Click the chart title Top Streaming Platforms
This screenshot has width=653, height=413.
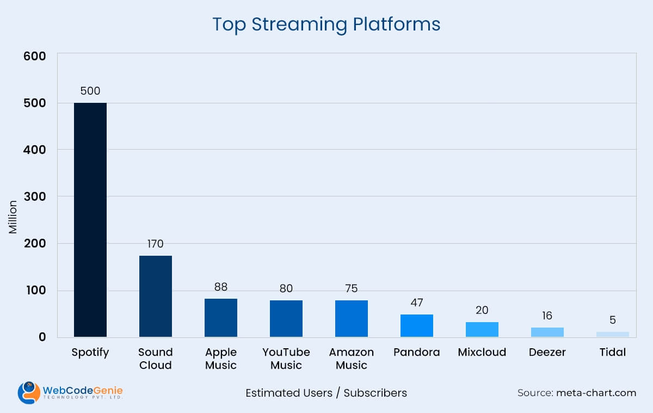326,24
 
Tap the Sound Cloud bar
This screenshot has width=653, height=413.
156,296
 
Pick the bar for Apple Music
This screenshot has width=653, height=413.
221,317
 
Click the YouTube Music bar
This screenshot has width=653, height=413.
286,318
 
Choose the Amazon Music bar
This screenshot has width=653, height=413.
352,318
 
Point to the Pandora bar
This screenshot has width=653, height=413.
417,325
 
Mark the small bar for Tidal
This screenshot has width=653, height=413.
613,334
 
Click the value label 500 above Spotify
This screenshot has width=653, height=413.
90,91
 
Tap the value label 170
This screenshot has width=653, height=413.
155,244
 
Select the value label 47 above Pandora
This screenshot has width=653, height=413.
417,303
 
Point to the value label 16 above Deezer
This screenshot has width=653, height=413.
547,316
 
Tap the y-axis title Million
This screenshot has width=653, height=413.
13,218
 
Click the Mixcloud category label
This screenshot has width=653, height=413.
482,352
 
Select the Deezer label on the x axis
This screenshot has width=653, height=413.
547,352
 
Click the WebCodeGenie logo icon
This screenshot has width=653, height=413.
28,392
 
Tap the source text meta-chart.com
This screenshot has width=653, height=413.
596,393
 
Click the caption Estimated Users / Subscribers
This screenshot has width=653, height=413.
326,393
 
